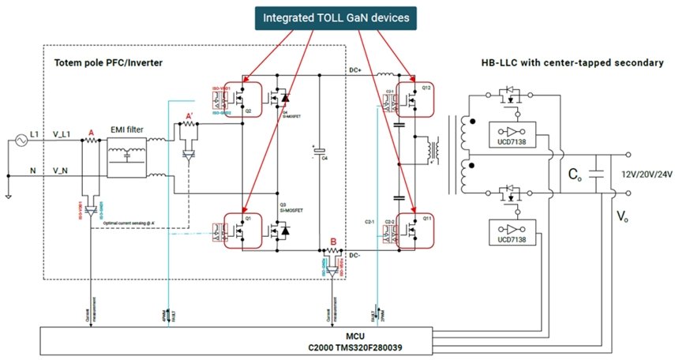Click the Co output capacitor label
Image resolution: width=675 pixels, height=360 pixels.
(575, 175)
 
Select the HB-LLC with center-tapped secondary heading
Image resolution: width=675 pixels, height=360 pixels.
(572, 62)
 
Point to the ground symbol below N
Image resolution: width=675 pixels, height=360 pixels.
(7, 195)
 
